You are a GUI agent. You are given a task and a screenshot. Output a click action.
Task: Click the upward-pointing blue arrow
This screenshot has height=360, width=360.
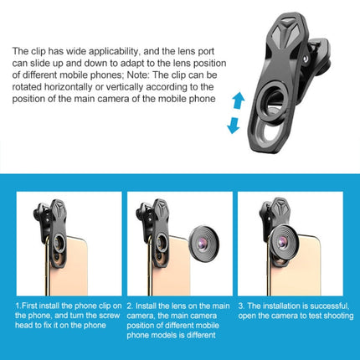[x=239, y=100]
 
